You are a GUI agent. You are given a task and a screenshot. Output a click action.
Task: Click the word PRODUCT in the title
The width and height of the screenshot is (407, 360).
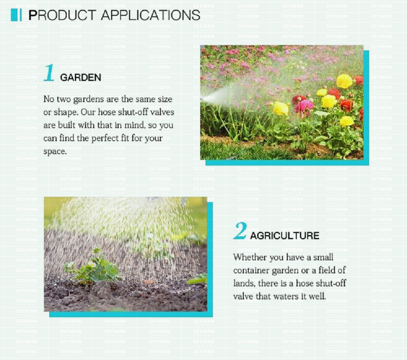click(x=62, y=15)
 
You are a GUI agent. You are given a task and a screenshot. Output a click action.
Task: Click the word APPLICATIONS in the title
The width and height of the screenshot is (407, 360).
click(x=151, y=15)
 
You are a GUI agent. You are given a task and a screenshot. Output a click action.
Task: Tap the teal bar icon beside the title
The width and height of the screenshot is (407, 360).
click(x=16, y=15)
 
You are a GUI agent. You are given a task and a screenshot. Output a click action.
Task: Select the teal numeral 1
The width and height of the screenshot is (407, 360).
click(x=49, y=73)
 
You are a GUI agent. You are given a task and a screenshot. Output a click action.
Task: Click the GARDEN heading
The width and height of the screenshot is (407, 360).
click(x=81, y=77)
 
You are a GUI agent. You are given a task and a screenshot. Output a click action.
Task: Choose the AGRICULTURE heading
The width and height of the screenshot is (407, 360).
click(x=284, y=236)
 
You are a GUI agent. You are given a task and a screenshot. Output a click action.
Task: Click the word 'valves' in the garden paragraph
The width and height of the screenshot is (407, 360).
click(x=161, y=112)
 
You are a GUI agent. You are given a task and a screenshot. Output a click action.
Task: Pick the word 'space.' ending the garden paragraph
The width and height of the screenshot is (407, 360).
click(x=55, y=152)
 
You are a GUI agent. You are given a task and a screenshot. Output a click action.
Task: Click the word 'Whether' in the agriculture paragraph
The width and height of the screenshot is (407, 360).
click(x=250, y=257)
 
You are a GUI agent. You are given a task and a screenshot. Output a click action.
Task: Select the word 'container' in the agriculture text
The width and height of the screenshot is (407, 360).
click(x=252, y=271)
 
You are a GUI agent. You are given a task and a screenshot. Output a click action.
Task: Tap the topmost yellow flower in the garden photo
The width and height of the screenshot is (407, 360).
click(x=344, y=81)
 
